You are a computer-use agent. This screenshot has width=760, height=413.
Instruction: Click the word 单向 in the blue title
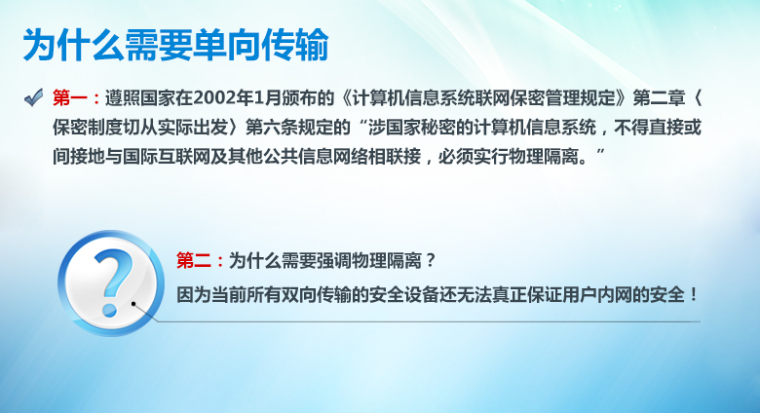click(x=227, y=45)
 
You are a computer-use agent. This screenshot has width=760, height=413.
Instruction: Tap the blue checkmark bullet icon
click(x=34, y=97)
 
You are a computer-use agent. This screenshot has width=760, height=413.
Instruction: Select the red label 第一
click(x=70, y=98)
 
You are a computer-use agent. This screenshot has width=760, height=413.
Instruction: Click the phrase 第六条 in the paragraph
click(x=272, y=128)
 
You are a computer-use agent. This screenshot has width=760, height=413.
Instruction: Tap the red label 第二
click(x=193, y=261)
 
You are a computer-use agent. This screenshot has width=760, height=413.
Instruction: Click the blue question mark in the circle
click(x=113, y=282)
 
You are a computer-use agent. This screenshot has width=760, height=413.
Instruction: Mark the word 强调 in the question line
click(x=334, y=261)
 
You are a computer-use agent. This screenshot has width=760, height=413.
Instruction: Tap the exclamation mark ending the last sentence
click(x=694, y=294)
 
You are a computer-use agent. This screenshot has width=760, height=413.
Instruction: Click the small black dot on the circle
click(x=133, y=304)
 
